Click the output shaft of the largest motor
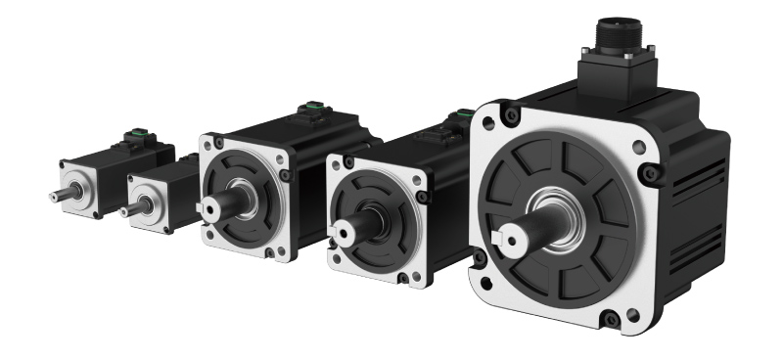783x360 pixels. pyautogui.click(x=520, y=235)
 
